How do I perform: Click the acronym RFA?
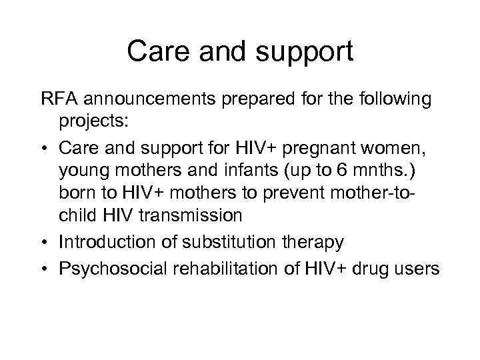point(57,100)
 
